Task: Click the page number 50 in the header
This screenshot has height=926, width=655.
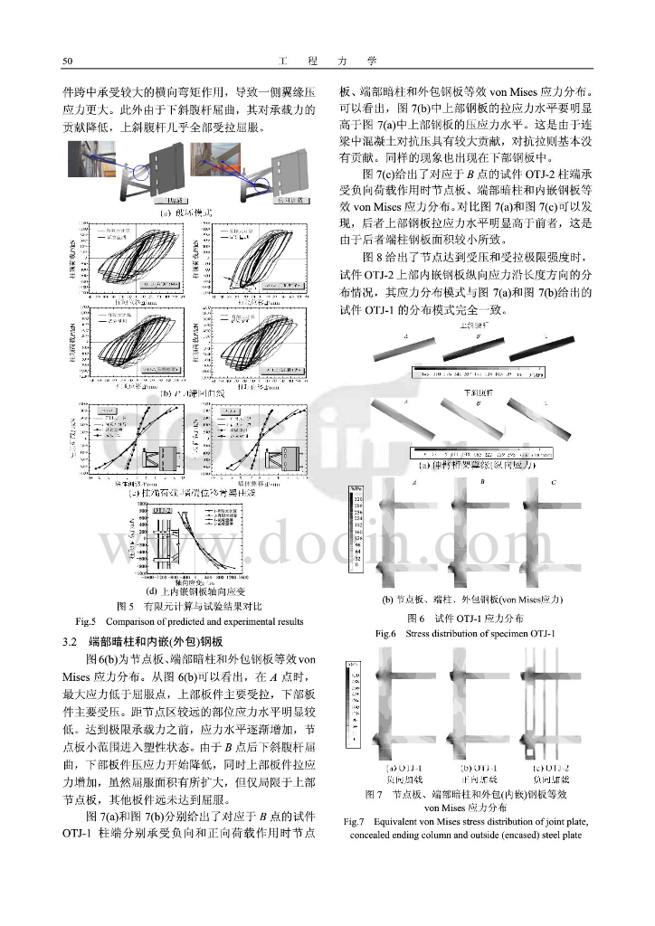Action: point(67,61)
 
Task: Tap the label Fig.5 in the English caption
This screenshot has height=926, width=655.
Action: point(85,621)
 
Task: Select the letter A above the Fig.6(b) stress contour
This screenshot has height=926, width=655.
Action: point(413,484)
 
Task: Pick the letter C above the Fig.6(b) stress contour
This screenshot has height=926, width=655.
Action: point(553,484)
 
